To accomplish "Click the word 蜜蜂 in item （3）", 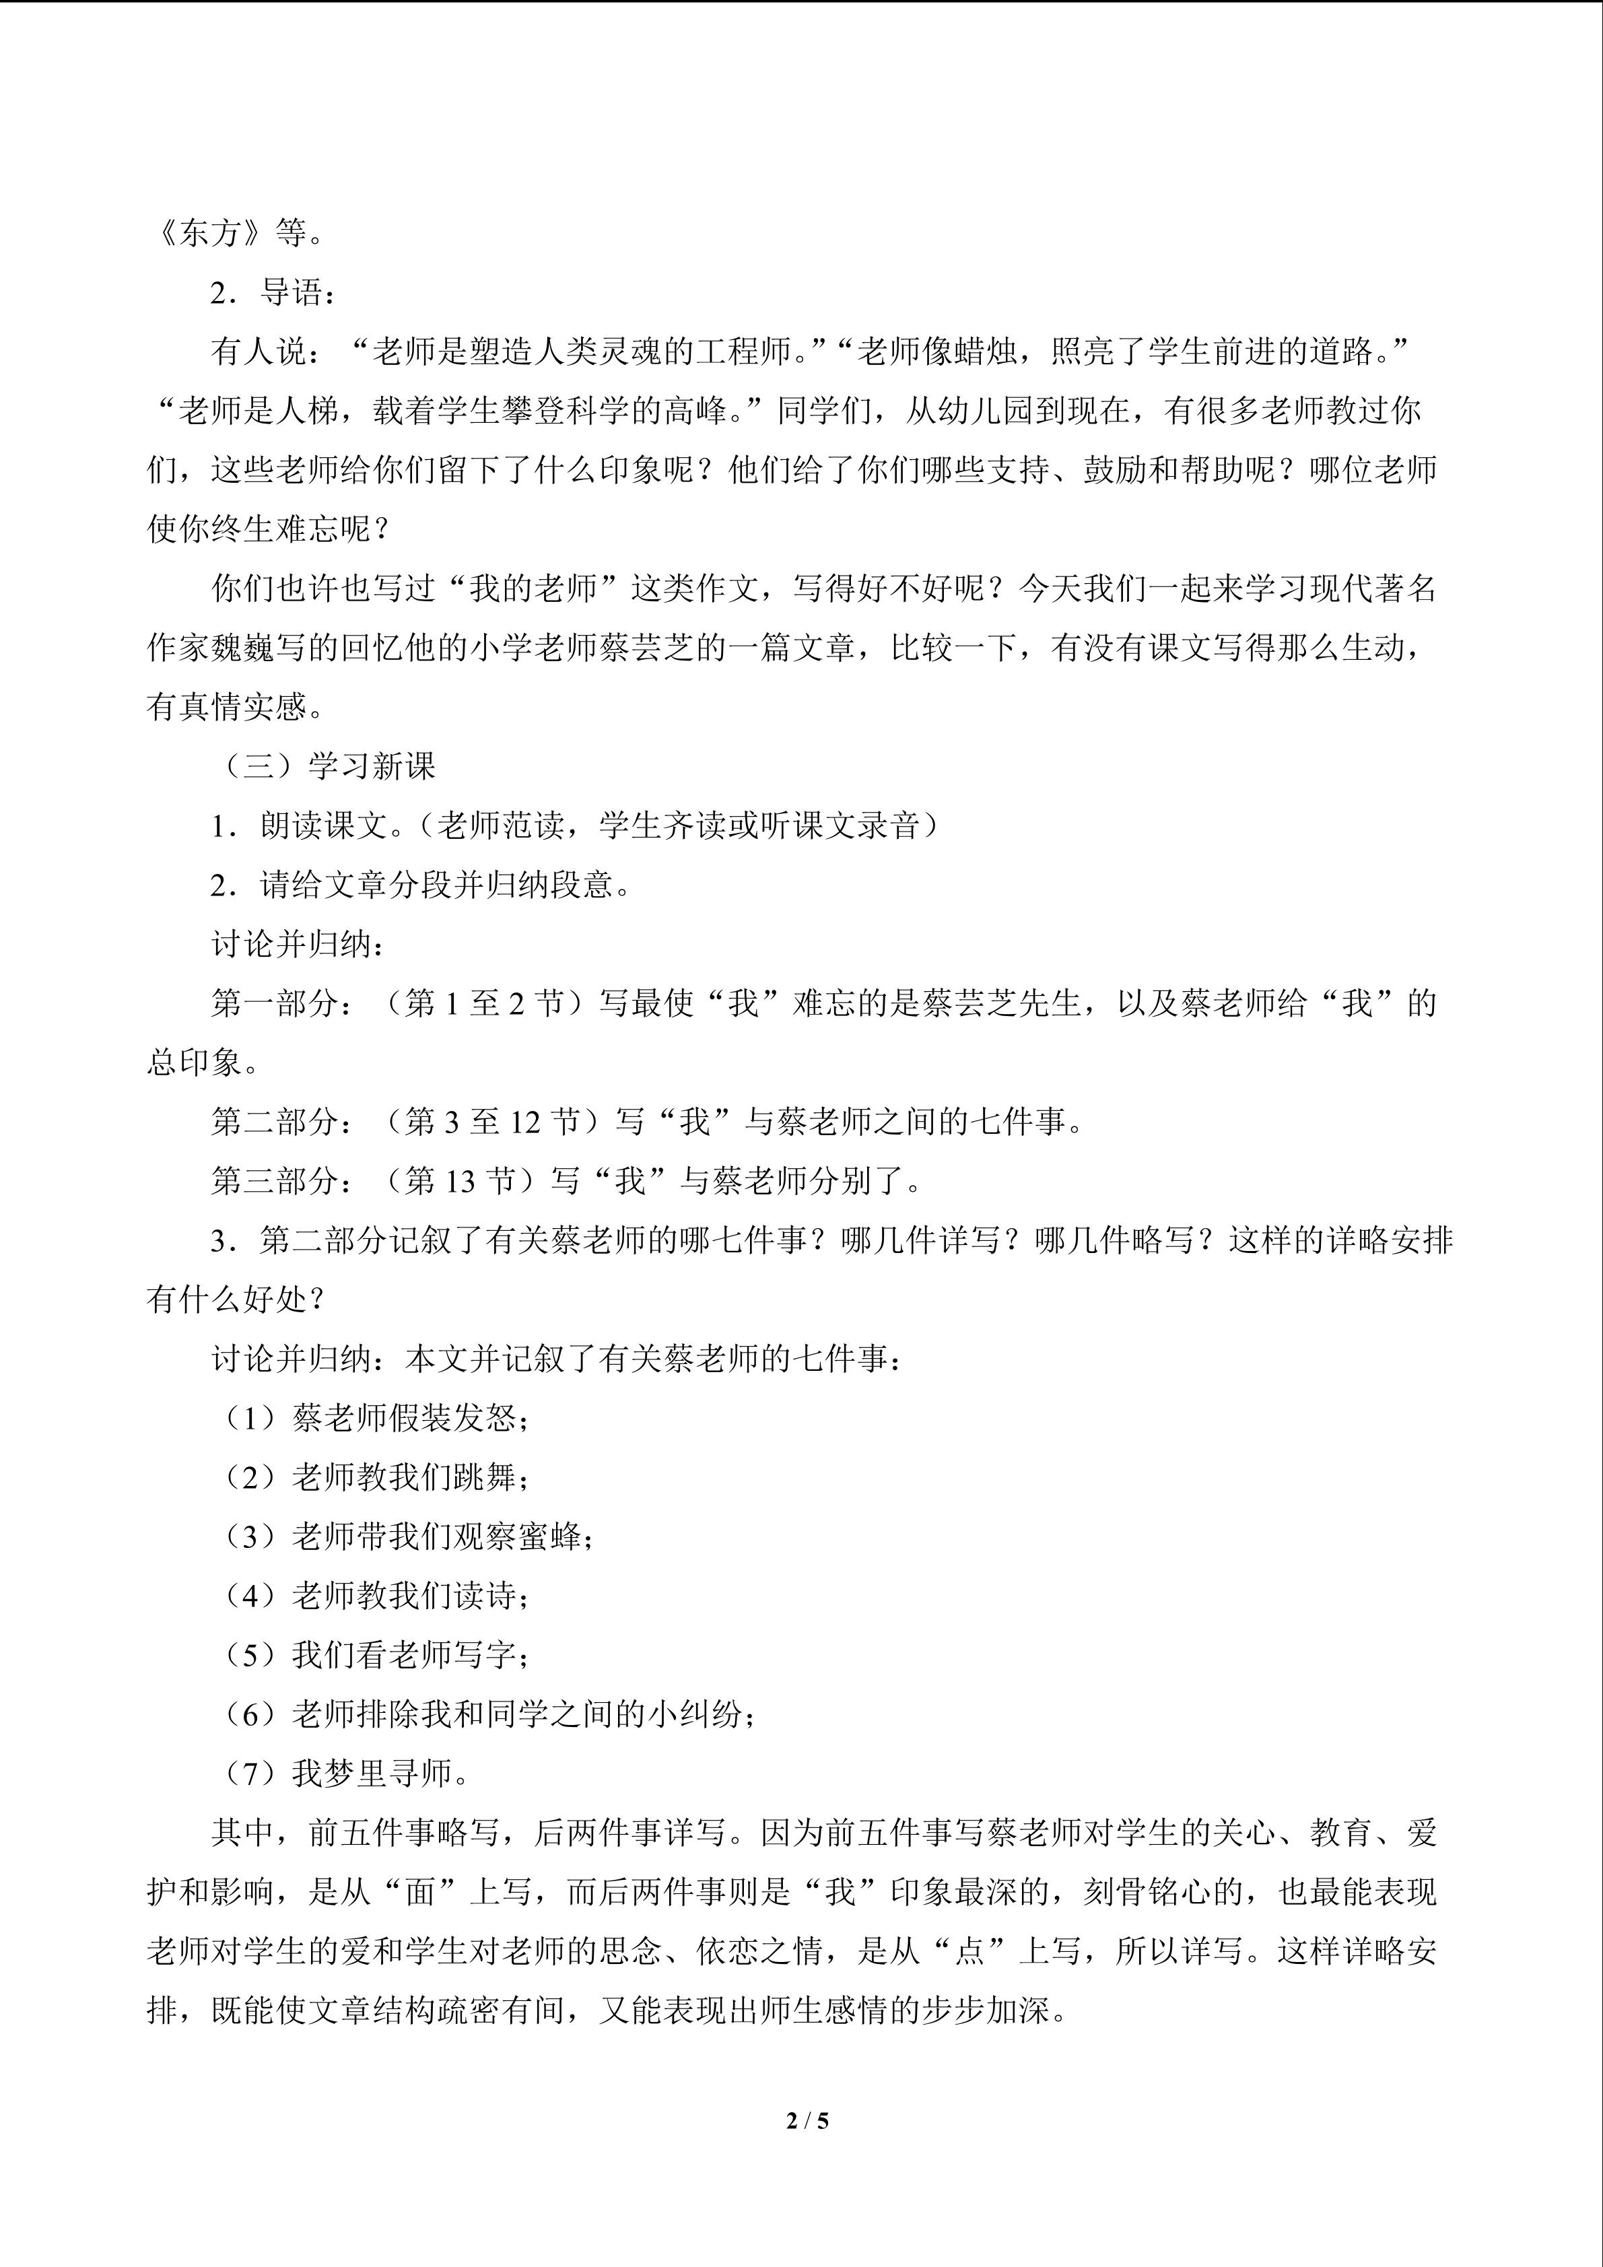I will pyautogui.click(x=550, y=1537).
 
